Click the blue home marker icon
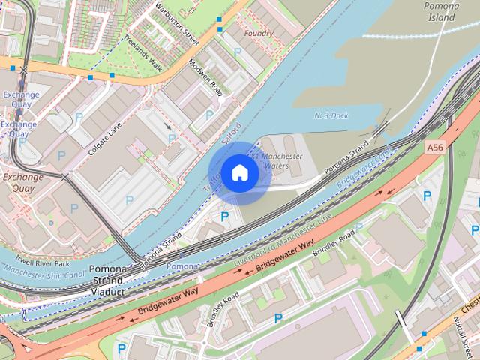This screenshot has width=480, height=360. (239, 172)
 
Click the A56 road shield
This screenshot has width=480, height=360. (435, 148)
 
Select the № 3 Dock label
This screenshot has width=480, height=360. (331, 115)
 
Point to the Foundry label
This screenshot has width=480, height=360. (259, 33)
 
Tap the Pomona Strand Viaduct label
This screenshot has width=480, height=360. (112, 279)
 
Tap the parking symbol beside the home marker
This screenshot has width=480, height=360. (224, 217)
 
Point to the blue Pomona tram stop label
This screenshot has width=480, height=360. (182, 266)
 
